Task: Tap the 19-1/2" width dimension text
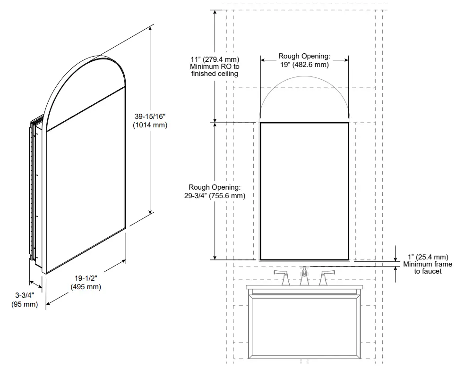pos(86,279)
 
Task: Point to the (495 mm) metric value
pos(86,287)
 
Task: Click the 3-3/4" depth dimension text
pos(24,296)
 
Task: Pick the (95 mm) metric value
pos(24,304)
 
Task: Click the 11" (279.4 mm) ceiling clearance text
pos(215,59)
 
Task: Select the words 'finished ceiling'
pos(215,74)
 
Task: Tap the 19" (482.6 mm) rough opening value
pos(304,65)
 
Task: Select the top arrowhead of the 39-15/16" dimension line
pos(150,28)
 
